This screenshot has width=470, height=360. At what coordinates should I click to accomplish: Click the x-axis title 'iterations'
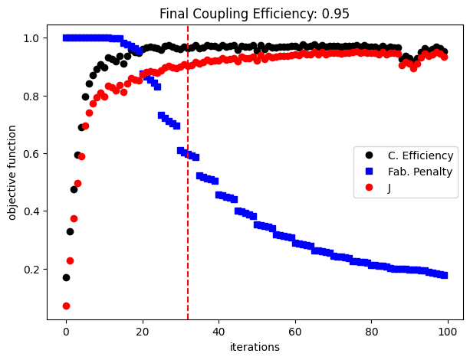(x=254, y=347)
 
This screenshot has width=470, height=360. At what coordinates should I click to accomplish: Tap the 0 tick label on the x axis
(x=66, y=332)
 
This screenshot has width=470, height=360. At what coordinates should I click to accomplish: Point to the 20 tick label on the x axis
(x=142, y=332)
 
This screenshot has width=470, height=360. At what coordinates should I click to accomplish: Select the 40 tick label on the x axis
(x=219, y=332)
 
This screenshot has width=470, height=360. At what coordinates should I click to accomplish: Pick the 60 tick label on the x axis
(x=294, y=332)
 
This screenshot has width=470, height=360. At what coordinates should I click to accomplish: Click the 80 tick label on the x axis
(x=371, y=332)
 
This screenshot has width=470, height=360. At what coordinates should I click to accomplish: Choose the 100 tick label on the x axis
(x=447, y=332)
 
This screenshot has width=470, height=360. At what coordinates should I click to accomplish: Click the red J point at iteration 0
(x=66, y=306)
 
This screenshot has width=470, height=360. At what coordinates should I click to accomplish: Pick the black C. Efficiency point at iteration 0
(x=66, y=277)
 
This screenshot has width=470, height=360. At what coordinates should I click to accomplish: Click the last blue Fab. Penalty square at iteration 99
(x=444, y=275)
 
